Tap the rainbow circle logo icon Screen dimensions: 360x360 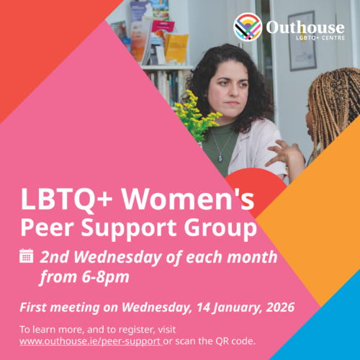(248, 28)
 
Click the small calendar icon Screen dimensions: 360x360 (27, 255)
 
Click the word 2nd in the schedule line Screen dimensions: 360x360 (57, 256)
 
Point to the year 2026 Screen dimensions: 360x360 (278, 308)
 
